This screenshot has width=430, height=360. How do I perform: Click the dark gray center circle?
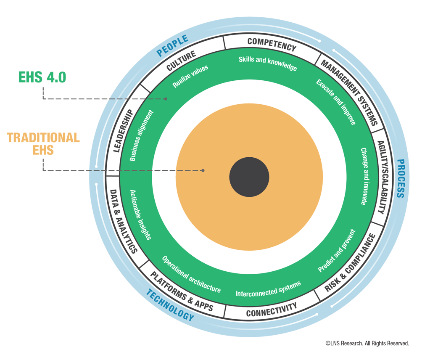249,177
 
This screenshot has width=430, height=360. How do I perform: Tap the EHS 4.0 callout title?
42,77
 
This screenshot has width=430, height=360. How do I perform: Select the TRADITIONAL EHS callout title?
43,143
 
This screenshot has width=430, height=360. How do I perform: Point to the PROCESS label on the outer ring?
400,178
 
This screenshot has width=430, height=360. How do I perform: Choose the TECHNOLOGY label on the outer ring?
170,306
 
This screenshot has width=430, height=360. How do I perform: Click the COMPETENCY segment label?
272,44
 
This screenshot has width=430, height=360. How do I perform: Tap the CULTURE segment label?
181,61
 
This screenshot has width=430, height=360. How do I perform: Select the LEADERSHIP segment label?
122,131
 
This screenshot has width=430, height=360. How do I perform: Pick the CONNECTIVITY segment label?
271,310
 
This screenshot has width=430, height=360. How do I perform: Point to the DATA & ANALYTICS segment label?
123,222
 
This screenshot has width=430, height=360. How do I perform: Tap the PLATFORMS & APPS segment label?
182,291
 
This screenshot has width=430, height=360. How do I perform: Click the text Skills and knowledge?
268,63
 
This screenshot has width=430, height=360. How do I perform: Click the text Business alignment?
141,136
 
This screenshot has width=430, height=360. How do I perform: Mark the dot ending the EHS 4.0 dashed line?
166,99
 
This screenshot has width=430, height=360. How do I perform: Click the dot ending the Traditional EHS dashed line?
203,170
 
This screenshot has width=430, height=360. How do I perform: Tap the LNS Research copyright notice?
367,344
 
